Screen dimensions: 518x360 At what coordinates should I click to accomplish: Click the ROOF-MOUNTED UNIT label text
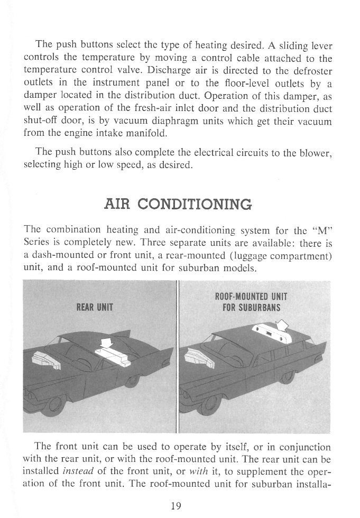[x=251, y=297]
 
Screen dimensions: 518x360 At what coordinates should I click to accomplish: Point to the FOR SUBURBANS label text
[x=251, y=307]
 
